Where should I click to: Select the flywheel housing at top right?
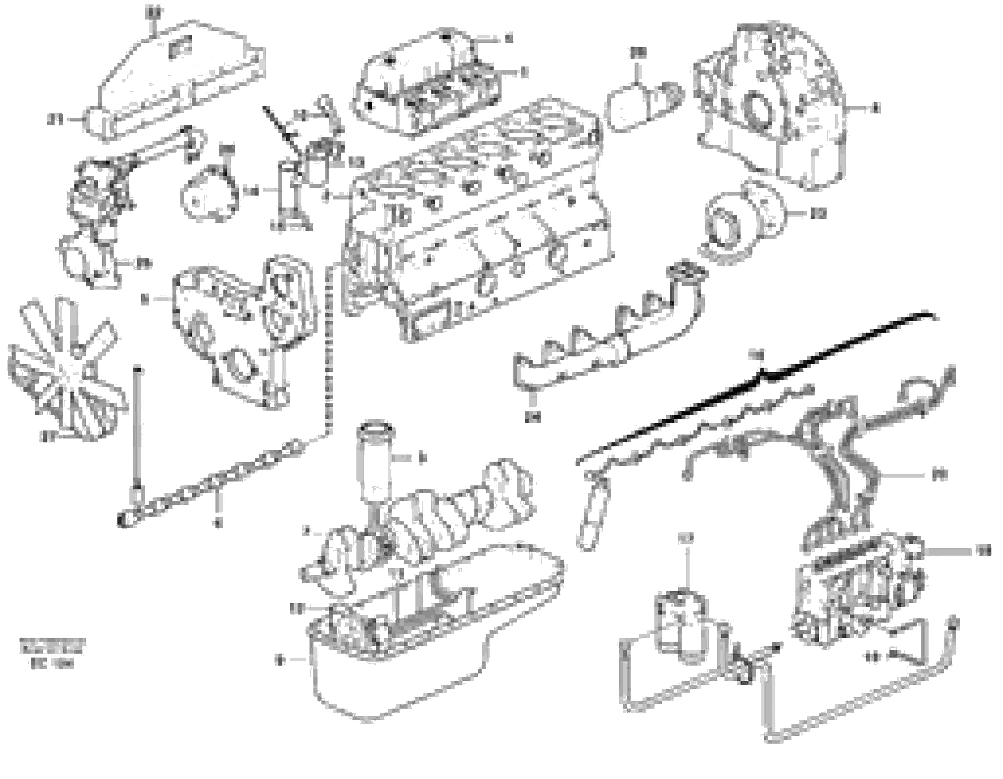[x=771, y=106]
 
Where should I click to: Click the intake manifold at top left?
[x=179, y=78]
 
